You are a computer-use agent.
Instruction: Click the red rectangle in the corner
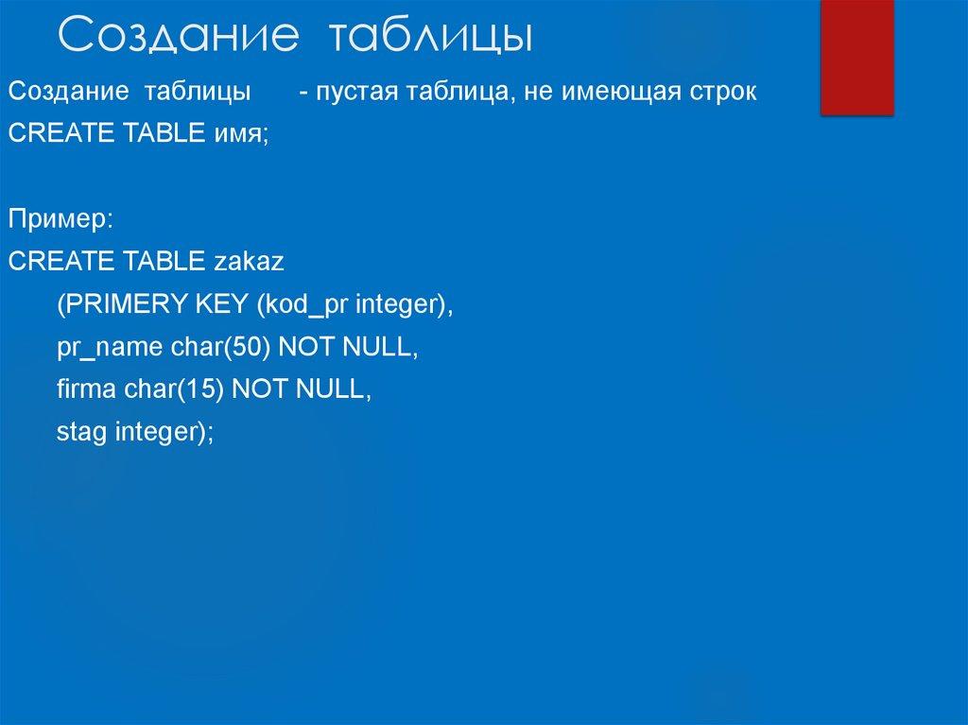point(857,57)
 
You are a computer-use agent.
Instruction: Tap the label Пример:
point(61,220)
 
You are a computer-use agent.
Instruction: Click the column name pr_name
point(110,348)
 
